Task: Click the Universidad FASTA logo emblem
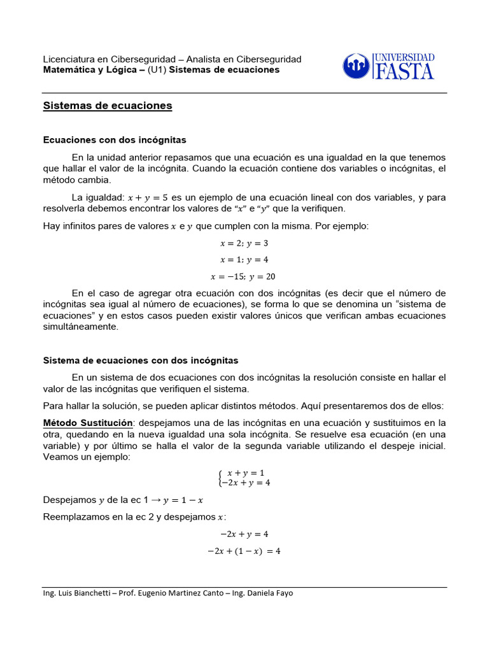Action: pos(355,66)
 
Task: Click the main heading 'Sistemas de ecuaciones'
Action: pos(107,106)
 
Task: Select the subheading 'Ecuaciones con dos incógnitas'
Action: pos(114,139)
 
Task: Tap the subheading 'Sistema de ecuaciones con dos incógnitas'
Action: pos(140,360)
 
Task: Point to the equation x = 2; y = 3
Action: pos(244,243)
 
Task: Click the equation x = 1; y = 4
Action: pos(244,260)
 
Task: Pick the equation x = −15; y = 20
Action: pos(244,276)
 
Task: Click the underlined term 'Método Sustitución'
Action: pos(87,423)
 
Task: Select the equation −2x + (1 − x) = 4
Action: pos(244,551)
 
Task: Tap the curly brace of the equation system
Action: pos(220,478)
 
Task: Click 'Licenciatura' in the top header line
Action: pos(67,59)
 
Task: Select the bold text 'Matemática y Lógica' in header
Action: pos(89,70)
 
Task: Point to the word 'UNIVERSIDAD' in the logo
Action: pos(404,58)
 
